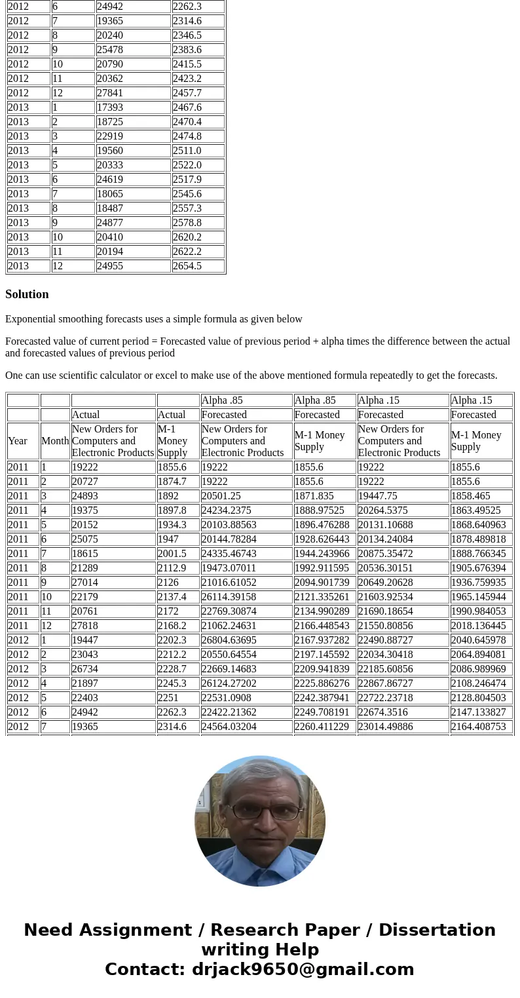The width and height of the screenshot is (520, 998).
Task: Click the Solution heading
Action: pyautogui.click(x=27, y=294)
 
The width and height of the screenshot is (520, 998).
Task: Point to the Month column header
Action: pyautogui.click(x=55, y=441)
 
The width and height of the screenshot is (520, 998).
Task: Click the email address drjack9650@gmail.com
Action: pyautogui.click(x=303, y=970)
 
